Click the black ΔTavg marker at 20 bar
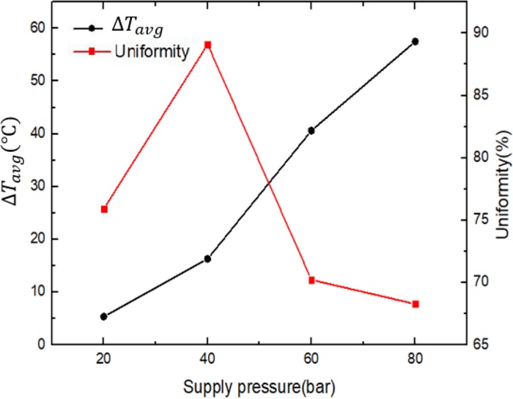click(x=103, y=317)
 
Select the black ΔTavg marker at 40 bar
click(x=207, y=259)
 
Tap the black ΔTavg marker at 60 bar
click(x=311, y=131)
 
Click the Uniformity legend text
click(x=152, y=51)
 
